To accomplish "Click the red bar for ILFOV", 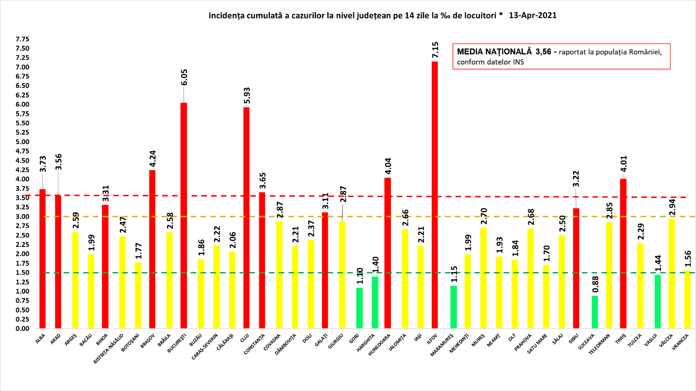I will (x=435, y=195).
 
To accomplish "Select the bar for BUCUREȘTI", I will (x=183, y=215).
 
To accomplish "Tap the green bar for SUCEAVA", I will (x=595, y=312).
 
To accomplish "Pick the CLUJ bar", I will (x=246, y=218).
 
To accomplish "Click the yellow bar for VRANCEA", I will (x=687, y=299).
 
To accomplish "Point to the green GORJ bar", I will (x=359, y=308).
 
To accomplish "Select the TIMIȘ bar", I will (x=623, y=254).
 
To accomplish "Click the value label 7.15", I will (x=435, y=50).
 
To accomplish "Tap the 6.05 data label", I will (x=184, y=77).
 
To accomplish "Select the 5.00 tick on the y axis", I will (x=22, y=142).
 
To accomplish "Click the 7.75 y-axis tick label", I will (x=22, y=39).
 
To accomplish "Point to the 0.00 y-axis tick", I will (x=22, y=329).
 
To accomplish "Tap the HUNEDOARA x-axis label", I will (x=379, y=345).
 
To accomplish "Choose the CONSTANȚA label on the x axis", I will (x=255, y=344).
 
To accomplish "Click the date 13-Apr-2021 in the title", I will (x=533, y=15).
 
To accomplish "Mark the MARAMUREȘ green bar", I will (x=453, y=307).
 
